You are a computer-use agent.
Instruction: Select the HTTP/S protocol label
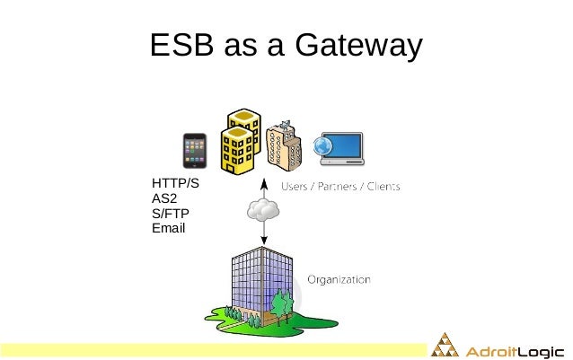click(x=175, y=185)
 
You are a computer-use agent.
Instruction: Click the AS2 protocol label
click(x=165, y=199)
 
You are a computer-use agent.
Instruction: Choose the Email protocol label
click(x=169, y=228)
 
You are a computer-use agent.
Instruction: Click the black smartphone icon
click(x=194, y=152)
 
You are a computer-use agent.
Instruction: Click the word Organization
click(x=339, y=279)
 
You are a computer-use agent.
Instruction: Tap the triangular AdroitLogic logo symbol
click(x=445, y=346)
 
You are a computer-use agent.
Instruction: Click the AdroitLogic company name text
click(x=514, y=347)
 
